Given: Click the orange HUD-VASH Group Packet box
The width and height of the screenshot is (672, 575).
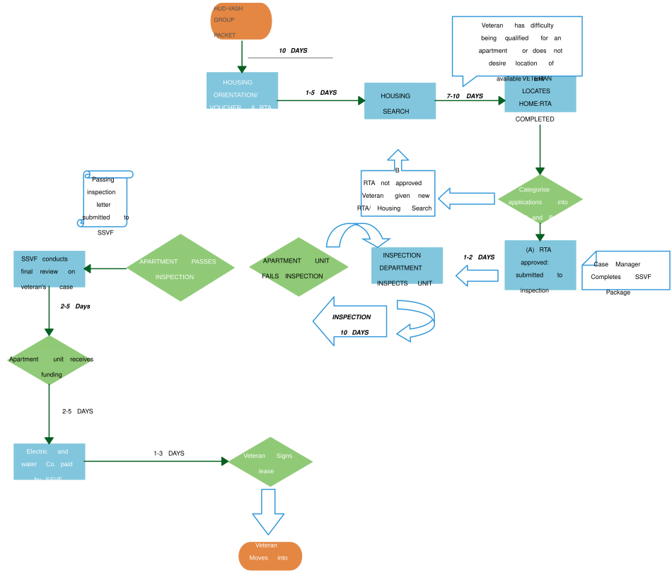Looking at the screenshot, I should click(242, 20).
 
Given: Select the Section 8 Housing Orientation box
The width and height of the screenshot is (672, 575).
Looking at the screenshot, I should click(242, 90).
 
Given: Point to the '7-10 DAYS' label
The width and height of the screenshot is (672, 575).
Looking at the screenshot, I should click(465, 96).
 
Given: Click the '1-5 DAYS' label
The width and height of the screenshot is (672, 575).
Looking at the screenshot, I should click(321, 93).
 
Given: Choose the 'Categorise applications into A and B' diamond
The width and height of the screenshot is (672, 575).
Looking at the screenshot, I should click(540, 201).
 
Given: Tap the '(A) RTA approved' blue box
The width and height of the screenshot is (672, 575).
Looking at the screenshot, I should click(540, 266).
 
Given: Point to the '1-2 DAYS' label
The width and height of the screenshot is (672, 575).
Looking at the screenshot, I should click(479, 257).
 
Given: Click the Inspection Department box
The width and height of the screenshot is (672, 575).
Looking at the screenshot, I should click(407, 266).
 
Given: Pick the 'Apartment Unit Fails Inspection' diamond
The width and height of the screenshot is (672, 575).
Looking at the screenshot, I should click(299, 268).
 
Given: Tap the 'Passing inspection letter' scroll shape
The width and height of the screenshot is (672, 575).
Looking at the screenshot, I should click(106, 200).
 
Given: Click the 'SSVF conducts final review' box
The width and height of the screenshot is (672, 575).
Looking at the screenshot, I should click(50, 269).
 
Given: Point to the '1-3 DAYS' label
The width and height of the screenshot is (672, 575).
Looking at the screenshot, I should click(169, 453).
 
